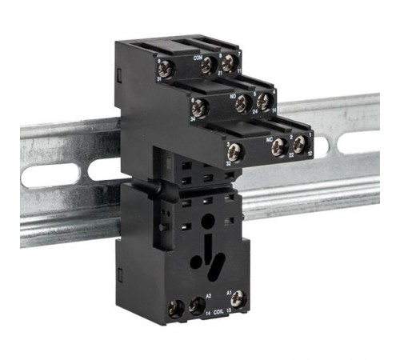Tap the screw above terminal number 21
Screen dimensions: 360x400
tap(209, 64)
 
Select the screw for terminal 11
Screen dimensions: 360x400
tap(230, 62)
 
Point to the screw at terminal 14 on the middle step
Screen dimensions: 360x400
tap(263, 101)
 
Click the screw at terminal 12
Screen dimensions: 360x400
tap(299, 145)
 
